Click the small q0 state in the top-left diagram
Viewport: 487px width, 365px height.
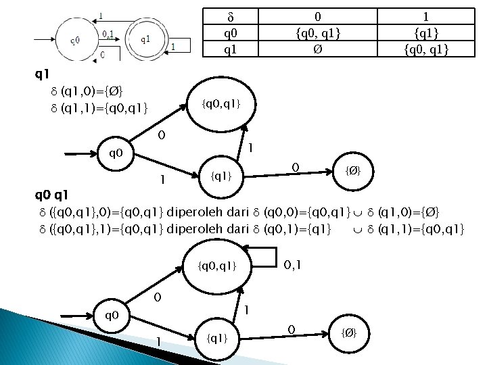(76, 39)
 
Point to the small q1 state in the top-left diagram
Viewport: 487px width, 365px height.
(145, 39)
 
